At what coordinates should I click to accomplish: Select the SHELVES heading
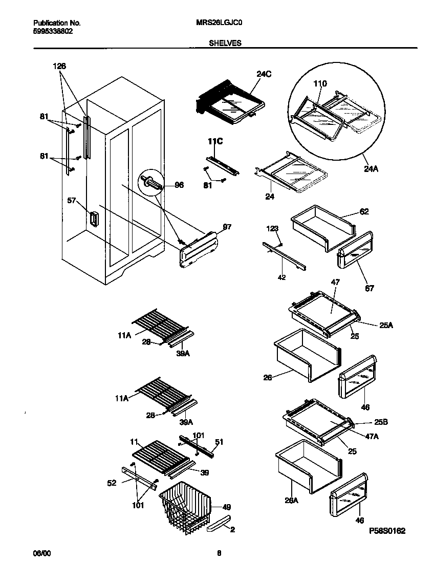click(x=225, y=44)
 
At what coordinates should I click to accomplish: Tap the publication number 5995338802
click(x=53, y=31)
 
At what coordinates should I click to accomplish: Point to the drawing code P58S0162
click(x=387, y=531)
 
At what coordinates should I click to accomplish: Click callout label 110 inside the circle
click(x=320, y=83)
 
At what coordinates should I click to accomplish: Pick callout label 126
click(x=59, y=66)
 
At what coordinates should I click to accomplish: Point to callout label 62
click(x=364, y=211)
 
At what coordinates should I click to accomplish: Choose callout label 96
click(x=179, y=186)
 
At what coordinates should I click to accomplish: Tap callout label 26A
click(x=291, y=501)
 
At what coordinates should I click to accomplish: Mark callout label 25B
click(x=381, y=423)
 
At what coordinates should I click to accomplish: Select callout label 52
click(x=112, y=482)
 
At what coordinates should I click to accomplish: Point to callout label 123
click(x=272, y=229)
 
